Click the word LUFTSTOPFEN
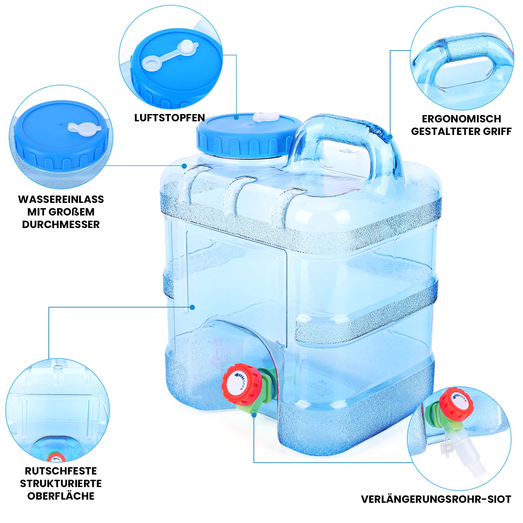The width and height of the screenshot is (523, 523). (x=169, y=118)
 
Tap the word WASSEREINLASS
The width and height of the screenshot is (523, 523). (x=61, y=199)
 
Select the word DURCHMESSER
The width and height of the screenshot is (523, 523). (x=61, y=225)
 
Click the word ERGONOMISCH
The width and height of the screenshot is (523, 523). (x=461, y=119)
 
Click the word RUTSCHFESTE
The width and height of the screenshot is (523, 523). (x=61, y=471)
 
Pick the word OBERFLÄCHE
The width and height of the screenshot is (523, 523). (x=61, y=496)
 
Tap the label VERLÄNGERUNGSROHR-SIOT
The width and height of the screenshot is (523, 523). (x=436, y=499)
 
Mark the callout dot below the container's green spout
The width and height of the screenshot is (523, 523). (x=254, y=415)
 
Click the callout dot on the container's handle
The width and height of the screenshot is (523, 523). (x=390, y=136)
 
